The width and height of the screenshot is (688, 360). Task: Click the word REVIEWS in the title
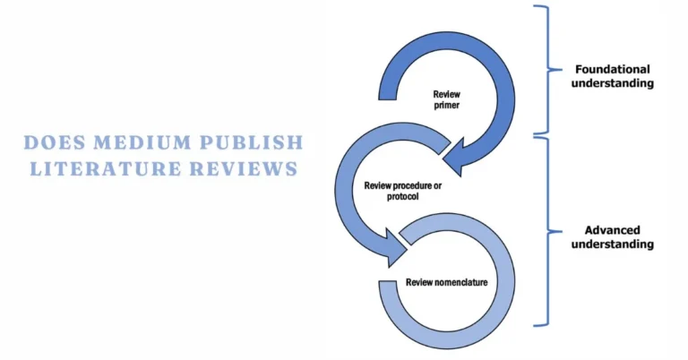tap(245, 168)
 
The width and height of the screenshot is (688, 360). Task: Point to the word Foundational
tap(614, 69)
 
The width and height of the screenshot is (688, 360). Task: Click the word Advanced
tap(614, 228)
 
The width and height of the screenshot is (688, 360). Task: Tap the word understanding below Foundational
tap(614, 83)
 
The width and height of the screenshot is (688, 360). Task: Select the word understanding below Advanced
tap(614, 244)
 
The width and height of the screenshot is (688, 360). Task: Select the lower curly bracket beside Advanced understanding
tap(542, 230)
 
